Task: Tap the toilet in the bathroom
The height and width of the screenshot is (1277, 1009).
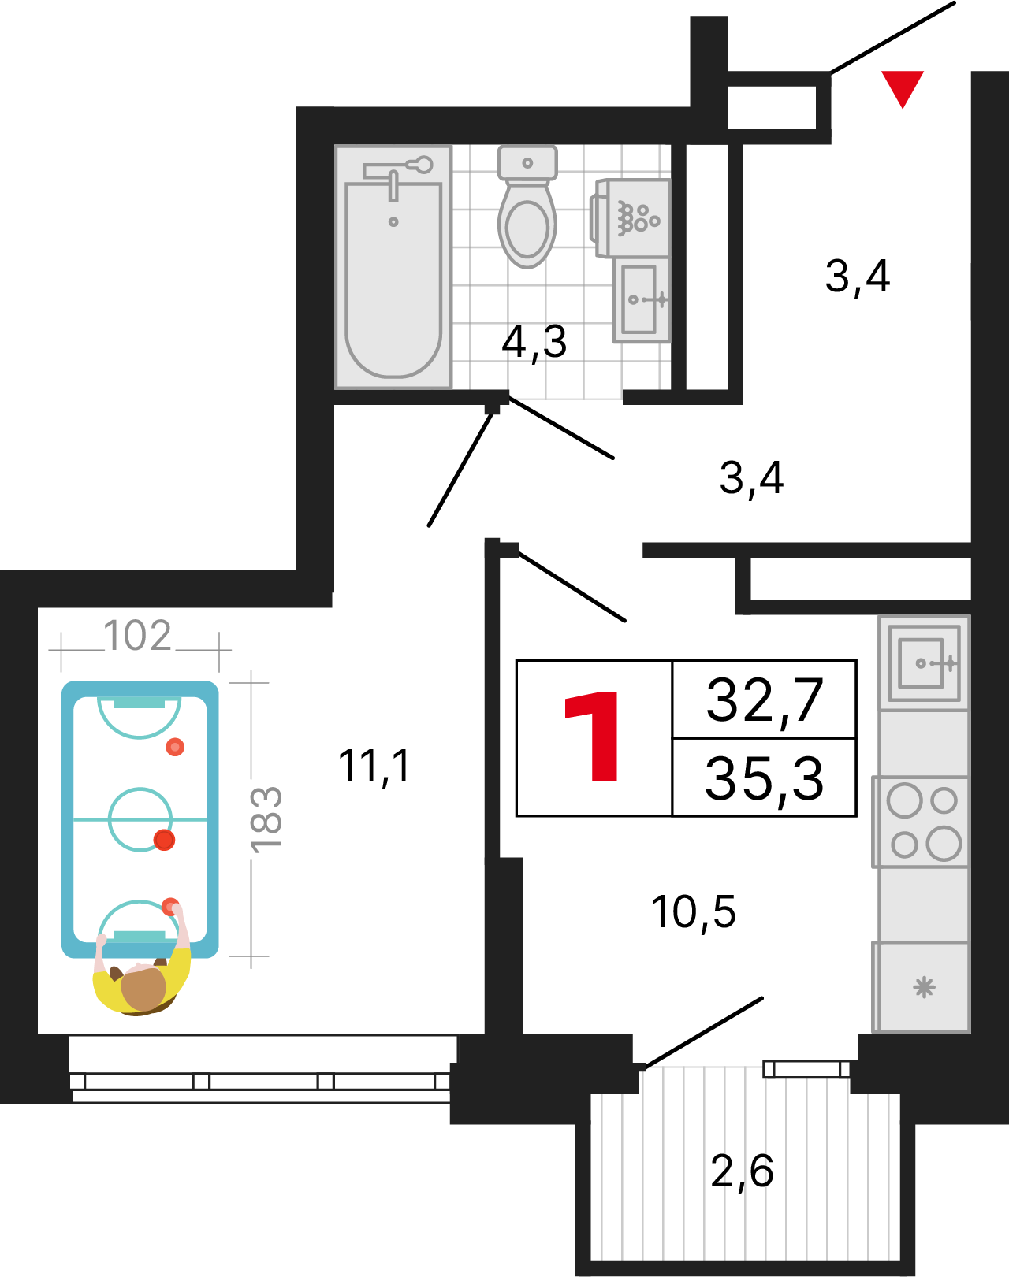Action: (x=527, y=206)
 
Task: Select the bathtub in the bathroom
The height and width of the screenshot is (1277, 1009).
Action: (x=393, y=267)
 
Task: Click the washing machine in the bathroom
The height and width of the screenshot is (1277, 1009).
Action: (x=631, y=217)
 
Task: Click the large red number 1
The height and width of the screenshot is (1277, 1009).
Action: (x=592, y=737)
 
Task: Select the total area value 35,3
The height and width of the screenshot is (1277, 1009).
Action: (x=765, y=779)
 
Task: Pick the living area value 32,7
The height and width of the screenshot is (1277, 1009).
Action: (x=765, y=701)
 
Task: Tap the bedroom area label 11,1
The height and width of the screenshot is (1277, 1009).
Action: (x=374, y=767)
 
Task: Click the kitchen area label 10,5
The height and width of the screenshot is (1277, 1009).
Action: (x=694, y=913)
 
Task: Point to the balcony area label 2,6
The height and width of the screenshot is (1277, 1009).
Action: (x=743, y=1172)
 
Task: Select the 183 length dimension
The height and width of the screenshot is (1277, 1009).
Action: (x=266, y=819)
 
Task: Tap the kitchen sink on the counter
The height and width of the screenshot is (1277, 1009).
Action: (x=924, y=663)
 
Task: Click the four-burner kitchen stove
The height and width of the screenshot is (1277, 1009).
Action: (x=921, y=822)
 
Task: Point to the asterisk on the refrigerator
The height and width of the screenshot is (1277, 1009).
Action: (x=924, y=988)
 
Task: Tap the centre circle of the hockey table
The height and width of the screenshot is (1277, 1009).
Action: (x=140, y=819)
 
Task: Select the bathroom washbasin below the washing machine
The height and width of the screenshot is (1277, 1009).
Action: (x=642, y=300)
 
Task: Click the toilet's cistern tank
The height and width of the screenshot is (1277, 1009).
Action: (x=527, y=162)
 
